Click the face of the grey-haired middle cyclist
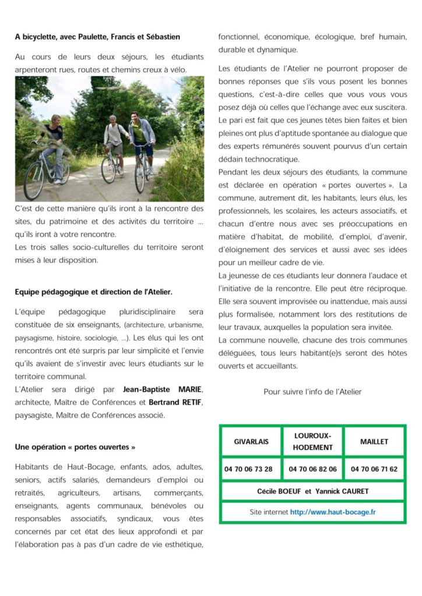(112, 120)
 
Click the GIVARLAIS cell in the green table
(251, 442)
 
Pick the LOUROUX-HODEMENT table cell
(313, 442)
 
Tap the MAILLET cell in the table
(374, 442)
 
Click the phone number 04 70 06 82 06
(313, 469)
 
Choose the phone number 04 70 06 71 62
(374, 469)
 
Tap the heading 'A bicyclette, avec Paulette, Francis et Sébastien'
(97, 37)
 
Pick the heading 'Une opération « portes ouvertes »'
(75, 448)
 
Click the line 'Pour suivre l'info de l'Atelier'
(312, 392)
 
